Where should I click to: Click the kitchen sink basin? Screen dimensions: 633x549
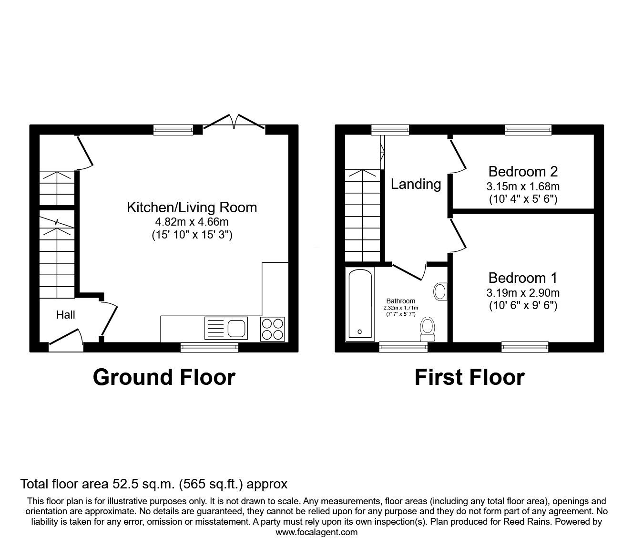(x=237, y=328)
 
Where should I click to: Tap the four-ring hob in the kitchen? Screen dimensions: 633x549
(x=273, y=329)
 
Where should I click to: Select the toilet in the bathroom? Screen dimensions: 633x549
(x=428, y=329)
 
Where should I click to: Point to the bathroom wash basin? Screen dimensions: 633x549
(x=440, y=291)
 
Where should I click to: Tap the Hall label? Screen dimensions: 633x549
(x=65, y=315)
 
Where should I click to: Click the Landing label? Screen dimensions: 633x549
(x=416, y=184)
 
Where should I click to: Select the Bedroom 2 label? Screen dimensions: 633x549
(x=523, y=171)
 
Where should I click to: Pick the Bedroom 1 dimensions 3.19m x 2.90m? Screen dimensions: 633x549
(x=523, y=293)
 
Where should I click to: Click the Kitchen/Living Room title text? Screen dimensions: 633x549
(x=192, y=207)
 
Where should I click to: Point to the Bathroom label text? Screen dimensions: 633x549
(x=400, y=301)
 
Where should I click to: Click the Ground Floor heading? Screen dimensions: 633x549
(x=164, y=377)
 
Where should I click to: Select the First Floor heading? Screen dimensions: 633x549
(x=470, y=377)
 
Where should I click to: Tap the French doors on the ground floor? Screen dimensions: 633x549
(x=234, y=122)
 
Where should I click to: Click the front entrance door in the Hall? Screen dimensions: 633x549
(x=66, y=340)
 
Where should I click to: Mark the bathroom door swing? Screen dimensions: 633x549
(x=409, y=271)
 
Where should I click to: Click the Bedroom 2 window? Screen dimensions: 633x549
(x=528, y=130)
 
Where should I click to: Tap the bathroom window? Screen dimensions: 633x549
(x=403, y=347)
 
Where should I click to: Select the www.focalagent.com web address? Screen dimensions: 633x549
(x=316, y=532)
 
